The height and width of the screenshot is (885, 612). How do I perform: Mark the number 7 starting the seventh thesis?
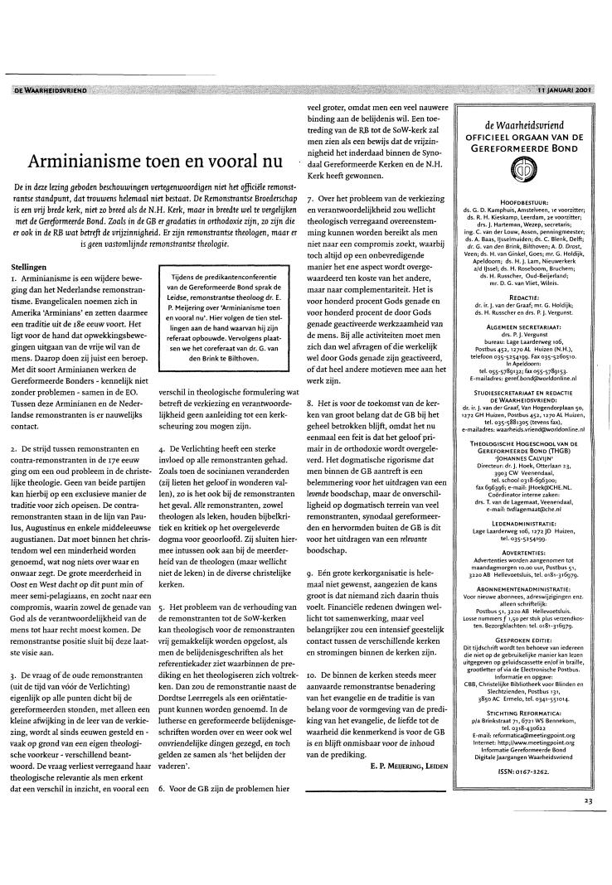coord(309,199)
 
